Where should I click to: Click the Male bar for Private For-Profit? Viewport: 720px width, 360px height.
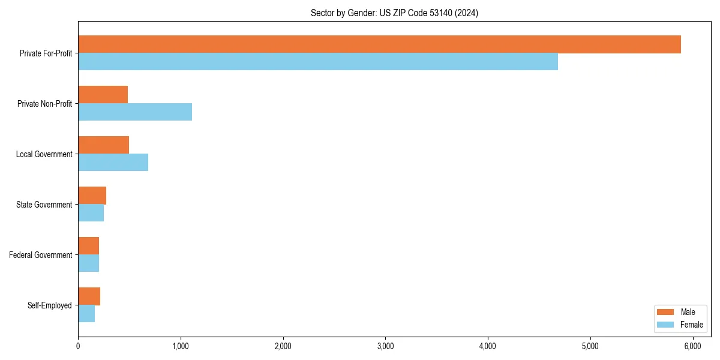click(x=379, y=44)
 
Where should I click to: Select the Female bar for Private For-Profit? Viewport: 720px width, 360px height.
click(x=318, y=62)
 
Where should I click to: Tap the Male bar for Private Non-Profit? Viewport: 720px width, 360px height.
click(x=103, y=95)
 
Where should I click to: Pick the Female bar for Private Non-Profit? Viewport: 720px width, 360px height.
click(x=135, y=112)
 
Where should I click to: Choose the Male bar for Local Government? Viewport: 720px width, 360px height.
click(x=103, y=145)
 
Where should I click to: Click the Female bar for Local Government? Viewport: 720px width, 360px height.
click(x=113, y=163)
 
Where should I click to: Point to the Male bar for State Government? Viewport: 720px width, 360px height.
click(x=92, y=196)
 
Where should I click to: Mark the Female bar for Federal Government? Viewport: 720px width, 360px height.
click(x=88, y=263)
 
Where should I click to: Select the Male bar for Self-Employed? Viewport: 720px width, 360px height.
click(x=89, y=296)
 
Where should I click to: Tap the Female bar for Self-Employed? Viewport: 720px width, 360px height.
click(x=86, y=314)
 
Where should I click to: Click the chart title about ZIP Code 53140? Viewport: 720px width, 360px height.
click(x=394, y=13)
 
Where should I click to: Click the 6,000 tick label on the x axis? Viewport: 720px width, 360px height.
click(x=693, y=346)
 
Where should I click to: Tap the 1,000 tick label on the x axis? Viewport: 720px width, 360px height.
click(x=181, y=346)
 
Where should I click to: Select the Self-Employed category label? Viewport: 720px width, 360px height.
click(x=49, y=305)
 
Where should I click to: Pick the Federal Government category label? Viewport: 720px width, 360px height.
click(x=40, y=255)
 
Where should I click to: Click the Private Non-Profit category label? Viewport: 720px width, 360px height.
click(x=44, y=104)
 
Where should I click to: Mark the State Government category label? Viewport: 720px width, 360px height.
click(x=44, y=205)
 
